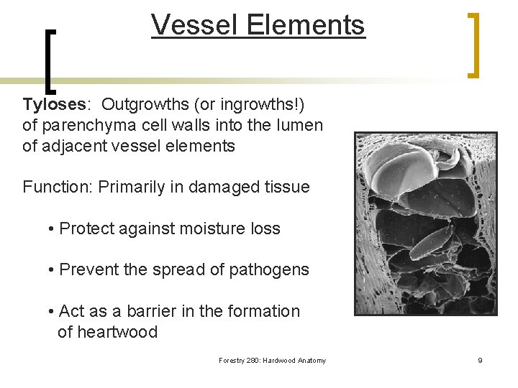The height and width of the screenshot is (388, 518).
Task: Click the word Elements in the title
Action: point(305,25)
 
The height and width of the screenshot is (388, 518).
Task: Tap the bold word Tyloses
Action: point(54,104)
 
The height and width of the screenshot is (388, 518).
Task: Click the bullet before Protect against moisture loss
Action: point(52,229)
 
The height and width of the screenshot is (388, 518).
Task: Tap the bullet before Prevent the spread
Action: point(52,271)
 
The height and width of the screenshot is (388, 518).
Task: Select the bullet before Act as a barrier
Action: point(52,312)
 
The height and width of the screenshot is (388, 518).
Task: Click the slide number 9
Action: point(480,361)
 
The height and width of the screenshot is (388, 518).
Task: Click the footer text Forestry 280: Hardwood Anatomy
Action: point(272,361)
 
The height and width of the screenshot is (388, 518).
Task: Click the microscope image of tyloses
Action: point(425,223)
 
